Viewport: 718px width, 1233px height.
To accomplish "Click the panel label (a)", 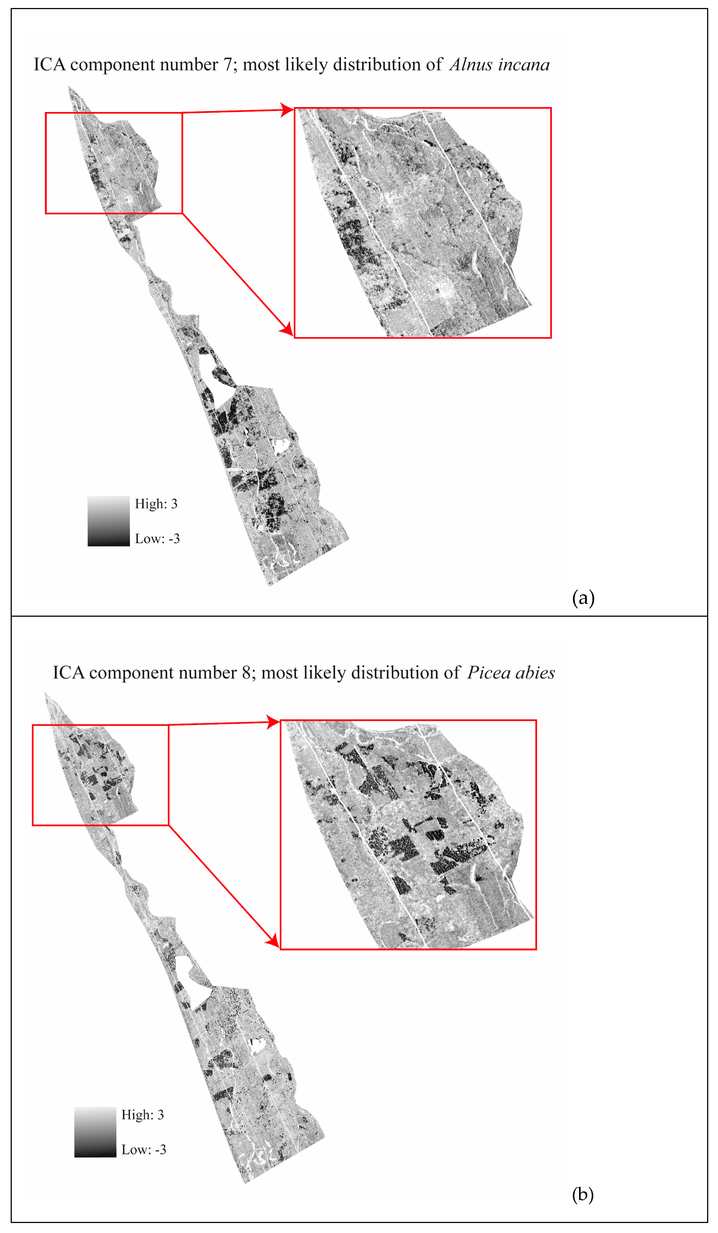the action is point(583,598).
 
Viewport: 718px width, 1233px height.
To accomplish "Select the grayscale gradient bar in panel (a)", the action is point(109,521).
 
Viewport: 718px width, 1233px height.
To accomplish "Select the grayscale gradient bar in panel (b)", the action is point(95,1132).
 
